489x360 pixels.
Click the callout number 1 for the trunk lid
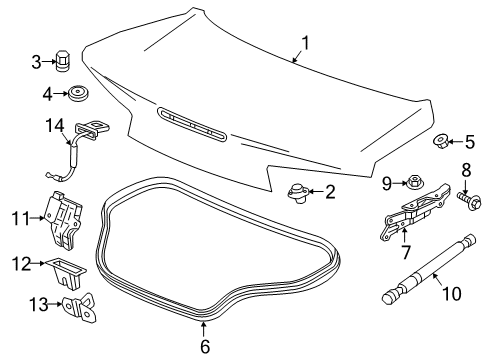click(306, 45)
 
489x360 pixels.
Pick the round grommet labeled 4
click(76, 95)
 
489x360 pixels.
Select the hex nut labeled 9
click(412, 183)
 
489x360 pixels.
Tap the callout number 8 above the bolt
click(465, 170)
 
